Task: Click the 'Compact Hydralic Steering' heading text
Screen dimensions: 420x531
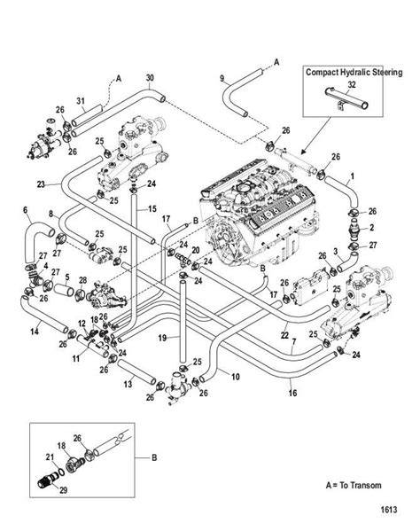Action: tap(354, 72)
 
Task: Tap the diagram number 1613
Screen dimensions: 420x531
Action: tap(388, 510)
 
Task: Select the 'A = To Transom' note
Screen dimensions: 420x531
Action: tap(354, 485)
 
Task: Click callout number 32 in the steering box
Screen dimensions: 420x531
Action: tap(352, 85)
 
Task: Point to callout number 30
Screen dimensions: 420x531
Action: tap(150, 77)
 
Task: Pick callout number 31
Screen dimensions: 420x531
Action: tap(81, 101)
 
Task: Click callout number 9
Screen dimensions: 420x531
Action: tap(222, 78)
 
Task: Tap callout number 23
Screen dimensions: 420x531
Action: tap(41, 184)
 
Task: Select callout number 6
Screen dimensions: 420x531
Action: tap(26, 210)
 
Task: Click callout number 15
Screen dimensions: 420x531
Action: tap(152, 208)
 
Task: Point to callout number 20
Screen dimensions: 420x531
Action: tap(196, 250)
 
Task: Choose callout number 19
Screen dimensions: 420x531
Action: tap(162, 338)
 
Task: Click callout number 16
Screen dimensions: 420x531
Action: tap(292, 393)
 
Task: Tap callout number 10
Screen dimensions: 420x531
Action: tap(236, 377)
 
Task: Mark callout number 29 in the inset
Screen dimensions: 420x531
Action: tap(63, 490)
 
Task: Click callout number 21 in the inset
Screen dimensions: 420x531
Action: tap(50, 457)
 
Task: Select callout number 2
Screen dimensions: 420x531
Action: tap(371, 227)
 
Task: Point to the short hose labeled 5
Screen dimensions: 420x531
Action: tap(64, 290)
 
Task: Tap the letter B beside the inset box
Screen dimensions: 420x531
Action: tap(154, 457)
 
